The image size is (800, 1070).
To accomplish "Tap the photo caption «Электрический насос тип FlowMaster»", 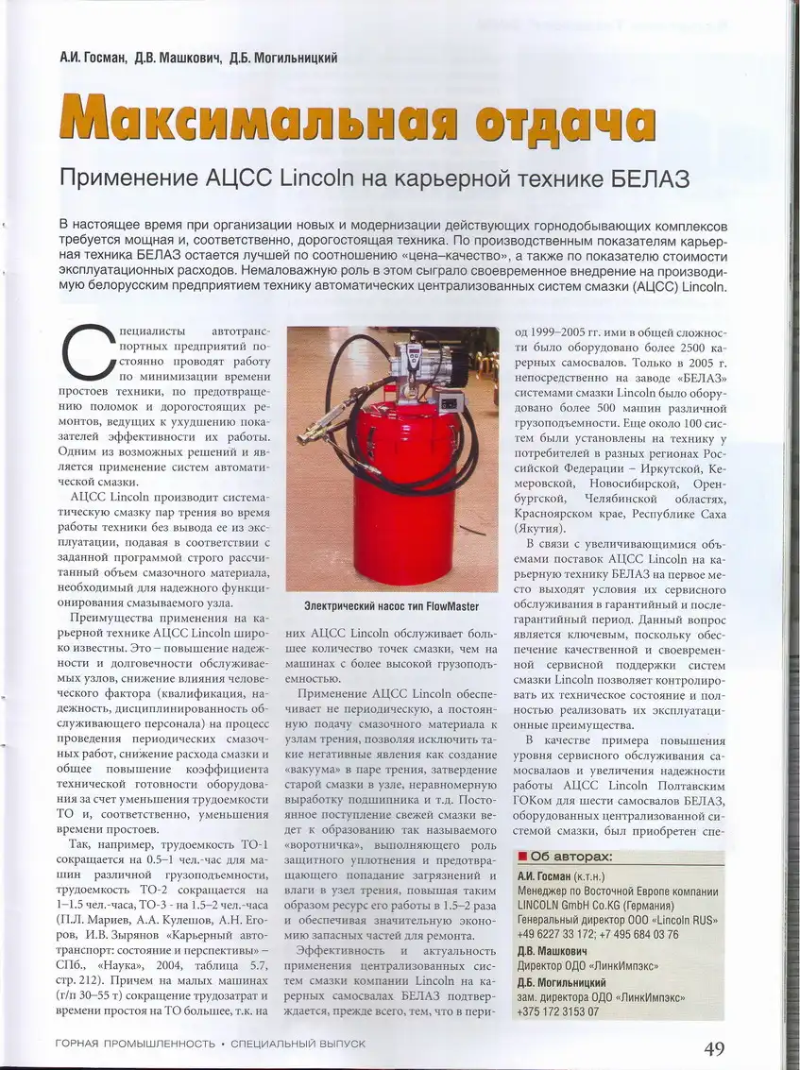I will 391,605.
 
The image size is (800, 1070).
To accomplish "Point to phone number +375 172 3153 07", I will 558,1011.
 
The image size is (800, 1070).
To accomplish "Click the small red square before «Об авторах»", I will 521,858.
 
